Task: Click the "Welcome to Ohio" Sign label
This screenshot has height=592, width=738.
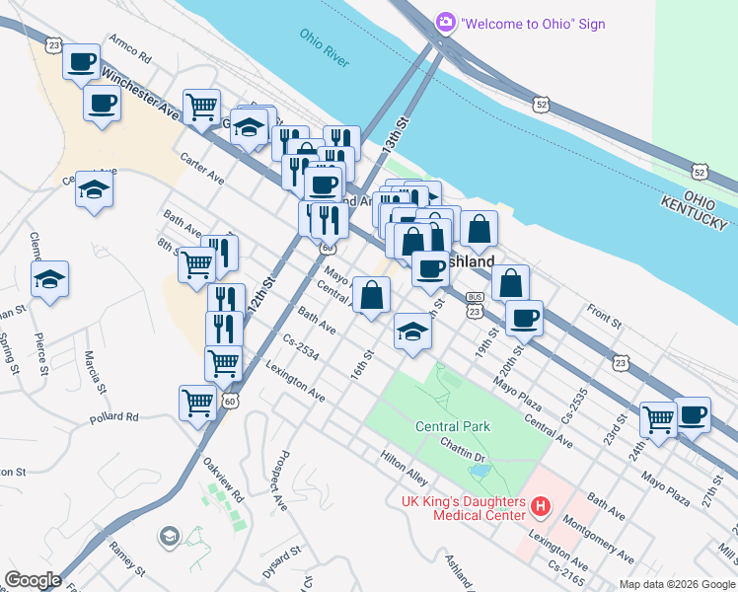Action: (533, 23)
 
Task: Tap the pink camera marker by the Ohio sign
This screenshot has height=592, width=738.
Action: (446, 22)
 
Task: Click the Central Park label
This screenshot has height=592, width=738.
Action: (453, 426)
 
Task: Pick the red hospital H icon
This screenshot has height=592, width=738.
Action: (540, 508)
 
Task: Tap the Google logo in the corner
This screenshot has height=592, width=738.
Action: (33, 579)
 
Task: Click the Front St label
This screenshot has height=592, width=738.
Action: (604, 317)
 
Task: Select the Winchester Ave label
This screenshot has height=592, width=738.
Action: (139, 94)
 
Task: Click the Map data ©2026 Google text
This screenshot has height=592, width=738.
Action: (676, 584)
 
